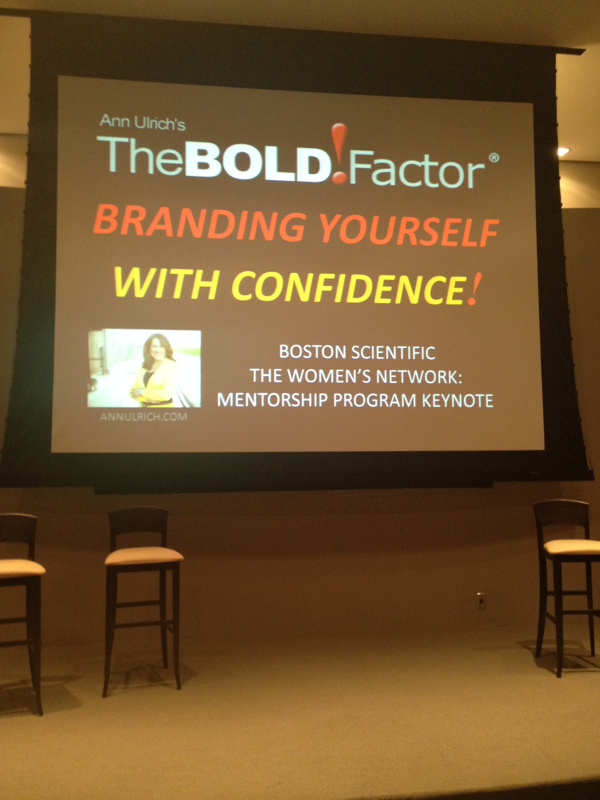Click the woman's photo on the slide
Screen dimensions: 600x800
click(144, 369)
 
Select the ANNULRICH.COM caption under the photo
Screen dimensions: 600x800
click(144, 417)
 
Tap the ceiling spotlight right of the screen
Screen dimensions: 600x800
click(563, 151)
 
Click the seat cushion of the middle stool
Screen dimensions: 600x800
click(144, 556)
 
